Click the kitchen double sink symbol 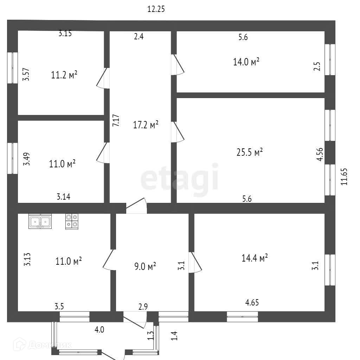tap(40, 222)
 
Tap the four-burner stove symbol tap(72, 221)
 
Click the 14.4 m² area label tap(255, 258)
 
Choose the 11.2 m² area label tap(64, 75)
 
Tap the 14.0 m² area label tap(246, 62)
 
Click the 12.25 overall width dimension tap(156, 9)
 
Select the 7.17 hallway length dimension tap(115, 121)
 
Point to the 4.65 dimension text tap(252, 302)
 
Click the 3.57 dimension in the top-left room tap(26, 75)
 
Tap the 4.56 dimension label tap(320, 154)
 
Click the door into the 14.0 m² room tap(178, 65)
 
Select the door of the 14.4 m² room tap(195, 262)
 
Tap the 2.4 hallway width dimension tap(139, 36)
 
